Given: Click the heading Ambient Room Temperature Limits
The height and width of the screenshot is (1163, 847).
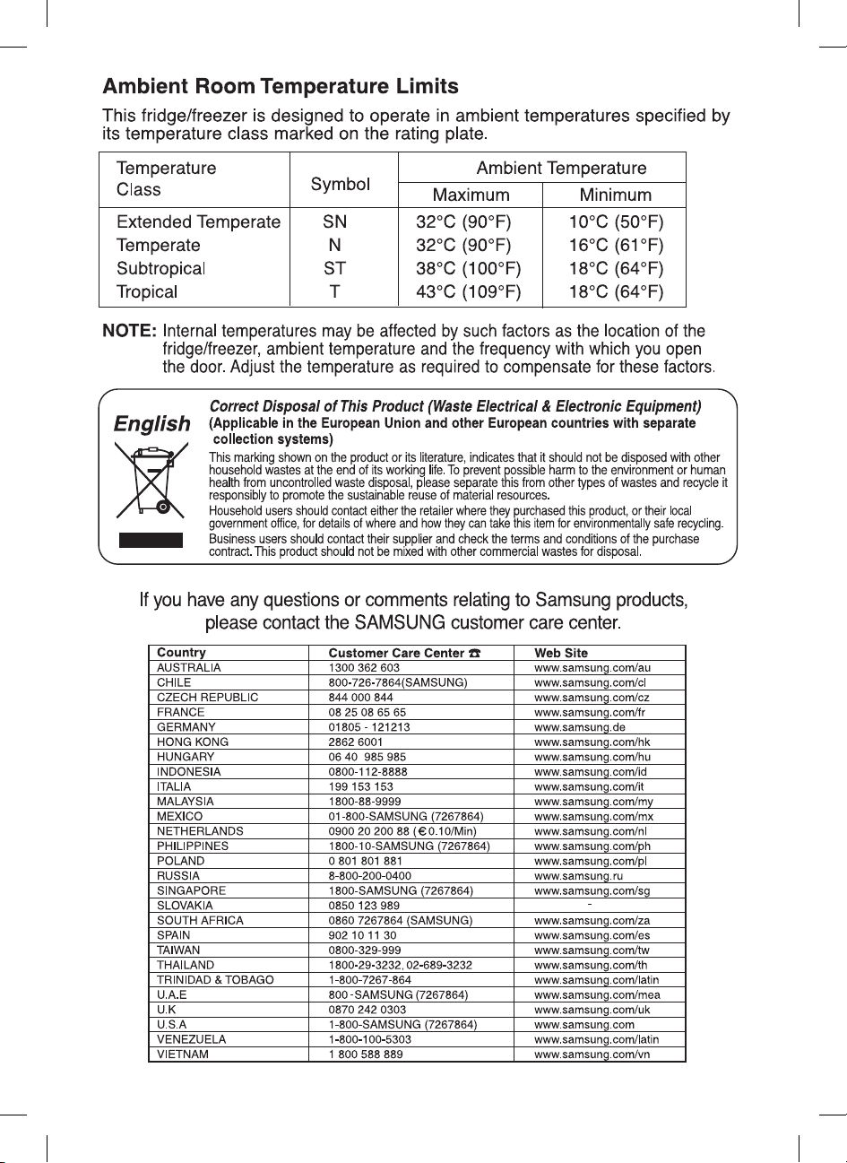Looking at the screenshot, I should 281,87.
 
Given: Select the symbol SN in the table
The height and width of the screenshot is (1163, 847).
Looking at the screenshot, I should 334,221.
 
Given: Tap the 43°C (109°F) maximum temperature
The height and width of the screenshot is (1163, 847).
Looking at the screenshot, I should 468,291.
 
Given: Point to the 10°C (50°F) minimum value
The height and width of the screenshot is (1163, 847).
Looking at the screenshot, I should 616,221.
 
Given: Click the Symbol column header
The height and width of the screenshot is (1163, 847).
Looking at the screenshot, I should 340,184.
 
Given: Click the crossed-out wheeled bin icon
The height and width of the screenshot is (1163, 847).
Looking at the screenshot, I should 147,484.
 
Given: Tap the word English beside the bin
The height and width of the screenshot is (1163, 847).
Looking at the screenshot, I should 152,424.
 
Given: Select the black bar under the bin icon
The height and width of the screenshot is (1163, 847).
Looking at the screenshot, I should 151,540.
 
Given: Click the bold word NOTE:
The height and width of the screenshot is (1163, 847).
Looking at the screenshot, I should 129,332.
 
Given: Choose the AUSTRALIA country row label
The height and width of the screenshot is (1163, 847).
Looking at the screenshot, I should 189,668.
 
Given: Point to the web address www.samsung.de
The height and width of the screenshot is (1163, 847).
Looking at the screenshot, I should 580,727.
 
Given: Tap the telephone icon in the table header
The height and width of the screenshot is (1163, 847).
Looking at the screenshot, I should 474,654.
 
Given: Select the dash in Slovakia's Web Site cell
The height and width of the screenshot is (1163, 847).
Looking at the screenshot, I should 589,903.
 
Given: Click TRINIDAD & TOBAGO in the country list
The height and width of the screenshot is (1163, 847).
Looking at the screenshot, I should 215,980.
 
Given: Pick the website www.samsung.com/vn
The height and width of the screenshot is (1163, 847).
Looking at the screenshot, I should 592,1055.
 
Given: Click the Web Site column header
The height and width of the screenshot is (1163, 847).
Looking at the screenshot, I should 561,653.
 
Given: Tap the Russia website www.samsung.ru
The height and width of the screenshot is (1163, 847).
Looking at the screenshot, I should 579,876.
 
